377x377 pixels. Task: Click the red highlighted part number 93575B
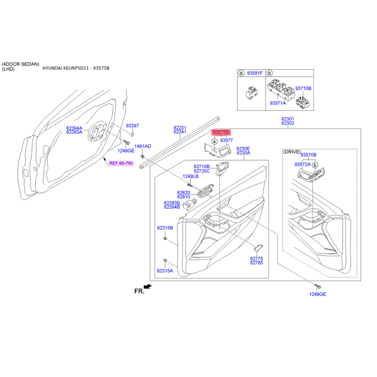tap(221, 132)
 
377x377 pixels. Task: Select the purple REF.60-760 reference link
tap(121, 163)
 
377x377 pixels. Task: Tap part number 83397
tap(132, 125)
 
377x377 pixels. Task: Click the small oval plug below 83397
tap(132, 134)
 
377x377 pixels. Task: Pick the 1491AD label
tap(143, 146)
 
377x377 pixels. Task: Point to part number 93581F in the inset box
tap(255, 73)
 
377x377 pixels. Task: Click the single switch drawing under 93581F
tap(252, 92)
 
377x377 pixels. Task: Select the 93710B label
tap(303, 89)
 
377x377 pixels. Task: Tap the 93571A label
tap(278, 103)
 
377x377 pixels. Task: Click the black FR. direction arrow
tap(148, 287)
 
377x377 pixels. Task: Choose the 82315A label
tap(165, 270)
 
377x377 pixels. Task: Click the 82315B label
tap(165, 228)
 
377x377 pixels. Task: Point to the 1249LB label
tap(190, 176)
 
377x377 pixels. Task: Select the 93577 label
tap(227, 140)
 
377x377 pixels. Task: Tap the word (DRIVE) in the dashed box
tap(292, 152)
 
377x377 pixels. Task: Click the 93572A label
tap(303, 164)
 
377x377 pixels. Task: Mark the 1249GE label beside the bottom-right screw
tap(318, 294)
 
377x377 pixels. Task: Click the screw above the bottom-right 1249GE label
tap(318, 286)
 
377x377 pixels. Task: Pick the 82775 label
tap(256, 258)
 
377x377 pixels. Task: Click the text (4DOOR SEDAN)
tap(20, 64)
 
